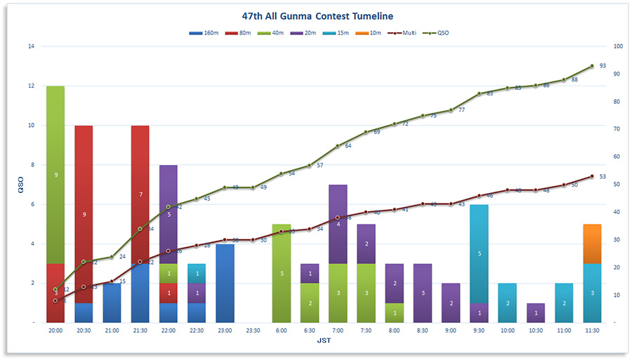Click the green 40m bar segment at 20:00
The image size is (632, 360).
(x=55, y=175)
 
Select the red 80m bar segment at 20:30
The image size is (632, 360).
(x=84, y=214)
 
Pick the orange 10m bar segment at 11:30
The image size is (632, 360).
(x=592, y=244)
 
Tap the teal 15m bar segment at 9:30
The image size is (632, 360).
(x=479, y=253)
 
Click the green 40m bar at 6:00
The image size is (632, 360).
(x=282, y=273)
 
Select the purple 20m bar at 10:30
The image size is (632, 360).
(x=535, y=312)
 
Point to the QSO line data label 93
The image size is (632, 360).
(x=603, y=65)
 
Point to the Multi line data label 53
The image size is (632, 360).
(x=603, y=177)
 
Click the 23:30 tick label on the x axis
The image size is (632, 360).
(x=254, y=329)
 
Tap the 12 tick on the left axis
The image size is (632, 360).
(x=31, y=86)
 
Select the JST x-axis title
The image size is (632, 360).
(x=324, y=340)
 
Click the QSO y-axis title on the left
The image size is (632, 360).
(x=20, y=185)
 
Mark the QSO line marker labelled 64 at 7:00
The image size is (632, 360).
(x=338, y=146)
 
